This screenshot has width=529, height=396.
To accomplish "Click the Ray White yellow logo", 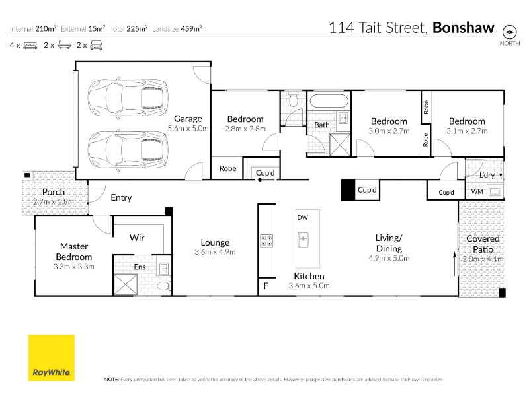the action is point(52,358).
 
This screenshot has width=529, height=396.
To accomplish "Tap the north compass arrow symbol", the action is point(509,32).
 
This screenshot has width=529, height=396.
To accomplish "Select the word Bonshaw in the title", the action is point(464,28).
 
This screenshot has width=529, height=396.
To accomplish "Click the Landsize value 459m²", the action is point(191,28).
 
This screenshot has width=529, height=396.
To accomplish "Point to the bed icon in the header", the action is point(30,45).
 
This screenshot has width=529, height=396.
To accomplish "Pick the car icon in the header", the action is point(97,45).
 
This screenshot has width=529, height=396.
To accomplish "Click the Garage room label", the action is point(188,119).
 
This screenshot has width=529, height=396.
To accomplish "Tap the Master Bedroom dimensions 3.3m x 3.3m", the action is point(74,267).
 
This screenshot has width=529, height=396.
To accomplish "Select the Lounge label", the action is point(215,242).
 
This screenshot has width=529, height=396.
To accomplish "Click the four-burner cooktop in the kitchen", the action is point(266,240).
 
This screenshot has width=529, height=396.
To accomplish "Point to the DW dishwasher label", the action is point(303,218).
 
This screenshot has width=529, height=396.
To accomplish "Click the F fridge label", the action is point(266,286).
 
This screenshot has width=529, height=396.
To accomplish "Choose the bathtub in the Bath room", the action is point(329,101).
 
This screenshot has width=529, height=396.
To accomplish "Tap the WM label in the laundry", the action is point(477,191).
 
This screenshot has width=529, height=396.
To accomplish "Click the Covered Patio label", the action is point(483,244).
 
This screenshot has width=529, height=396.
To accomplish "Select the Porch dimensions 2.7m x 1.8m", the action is point(54,202).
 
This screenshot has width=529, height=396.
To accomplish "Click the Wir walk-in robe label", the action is point(137,238).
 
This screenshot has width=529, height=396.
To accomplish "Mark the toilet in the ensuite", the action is point(165,286).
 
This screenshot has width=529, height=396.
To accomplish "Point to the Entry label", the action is point(121,197).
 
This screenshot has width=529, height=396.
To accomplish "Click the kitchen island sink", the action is point(304,240).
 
